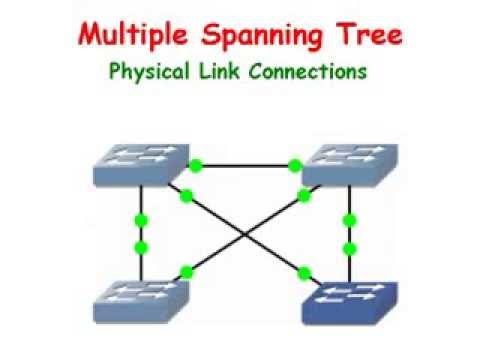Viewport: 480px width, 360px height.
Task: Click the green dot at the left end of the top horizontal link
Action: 196,164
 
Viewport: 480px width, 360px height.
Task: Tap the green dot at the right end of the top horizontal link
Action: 294,164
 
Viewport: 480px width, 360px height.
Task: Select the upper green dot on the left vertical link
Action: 141,220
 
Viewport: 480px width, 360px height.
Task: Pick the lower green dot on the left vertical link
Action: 141,246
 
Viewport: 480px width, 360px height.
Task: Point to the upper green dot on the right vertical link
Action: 349,220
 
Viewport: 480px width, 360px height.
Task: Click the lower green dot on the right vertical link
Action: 349,246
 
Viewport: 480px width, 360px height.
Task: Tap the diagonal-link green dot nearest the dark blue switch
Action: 303,272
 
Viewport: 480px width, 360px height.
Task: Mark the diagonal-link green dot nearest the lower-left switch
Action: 186,271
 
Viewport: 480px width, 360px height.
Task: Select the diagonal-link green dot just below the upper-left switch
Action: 186,195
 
